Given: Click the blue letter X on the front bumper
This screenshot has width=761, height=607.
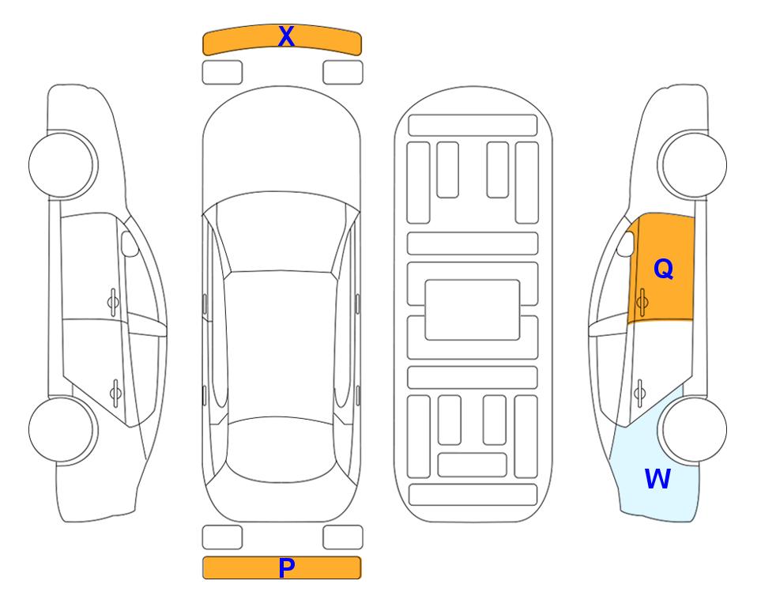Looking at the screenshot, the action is tap(286, 36).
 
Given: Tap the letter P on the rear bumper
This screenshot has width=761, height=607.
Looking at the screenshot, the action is tap(286, 567).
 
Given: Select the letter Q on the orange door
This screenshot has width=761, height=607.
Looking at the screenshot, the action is tap(664, 269).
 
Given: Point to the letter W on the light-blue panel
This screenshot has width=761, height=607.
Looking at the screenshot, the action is tap(657, 478).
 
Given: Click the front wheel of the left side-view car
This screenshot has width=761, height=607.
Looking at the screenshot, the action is tap(62, 164).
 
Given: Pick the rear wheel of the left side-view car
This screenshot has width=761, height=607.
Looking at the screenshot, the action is tap(62, 429).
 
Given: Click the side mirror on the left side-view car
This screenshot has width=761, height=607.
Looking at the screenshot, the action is tap(130, 243).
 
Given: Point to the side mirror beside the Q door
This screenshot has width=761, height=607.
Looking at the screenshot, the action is tap(626, 243).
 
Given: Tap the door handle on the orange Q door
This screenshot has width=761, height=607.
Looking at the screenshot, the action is tap(642, 302).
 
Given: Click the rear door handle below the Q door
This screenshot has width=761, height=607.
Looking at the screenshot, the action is tap(640, 393).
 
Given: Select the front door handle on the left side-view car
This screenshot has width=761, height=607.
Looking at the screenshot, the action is tap(113, 302).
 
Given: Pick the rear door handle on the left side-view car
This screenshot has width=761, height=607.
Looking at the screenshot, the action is tap(115, 393).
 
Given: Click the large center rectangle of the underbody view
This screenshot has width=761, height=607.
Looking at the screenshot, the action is tap(473, 310).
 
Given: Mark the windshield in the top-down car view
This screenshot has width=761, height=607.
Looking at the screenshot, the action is tap(281, 233).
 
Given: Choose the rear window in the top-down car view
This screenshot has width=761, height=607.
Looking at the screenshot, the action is tap(281, 449).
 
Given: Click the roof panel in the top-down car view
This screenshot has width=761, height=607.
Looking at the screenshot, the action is tap(281, 345).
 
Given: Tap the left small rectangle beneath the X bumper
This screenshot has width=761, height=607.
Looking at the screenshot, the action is tap(222, 73).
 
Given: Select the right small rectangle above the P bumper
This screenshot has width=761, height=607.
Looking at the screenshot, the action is tap(343, 537).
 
